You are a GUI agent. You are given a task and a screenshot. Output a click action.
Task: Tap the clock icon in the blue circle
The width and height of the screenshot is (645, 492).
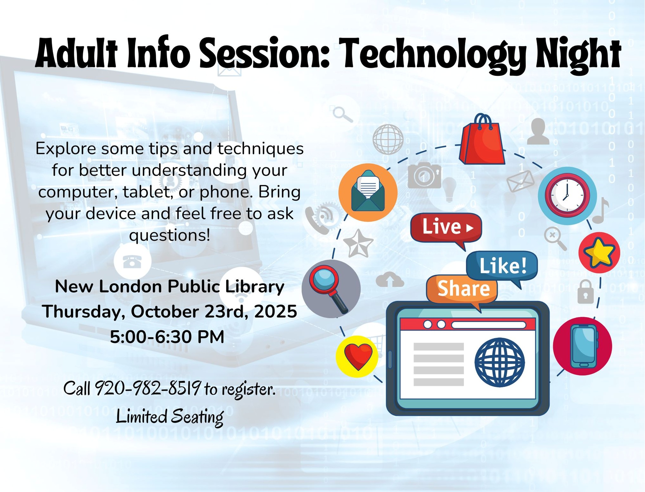(x=567, y=195)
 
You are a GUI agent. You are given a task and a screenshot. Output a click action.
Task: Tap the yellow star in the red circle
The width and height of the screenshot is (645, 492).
(x=599, y=253)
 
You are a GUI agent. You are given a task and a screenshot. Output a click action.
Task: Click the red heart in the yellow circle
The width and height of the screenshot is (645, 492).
(x=358, y=356)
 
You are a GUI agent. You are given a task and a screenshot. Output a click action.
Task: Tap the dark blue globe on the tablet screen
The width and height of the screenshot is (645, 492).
(x=500, y=362)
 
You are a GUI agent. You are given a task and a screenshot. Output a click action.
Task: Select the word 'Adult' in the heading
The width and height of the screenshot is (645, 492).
(x=76, y=53)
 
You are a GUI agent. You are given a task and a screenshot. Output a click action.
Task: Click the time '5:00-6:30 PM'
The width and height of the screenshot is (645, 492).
(x=167, y=337)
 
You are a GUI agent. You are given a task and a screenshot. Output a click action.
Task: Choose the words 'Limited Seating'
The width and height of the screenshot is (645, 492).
(x=170, y=417)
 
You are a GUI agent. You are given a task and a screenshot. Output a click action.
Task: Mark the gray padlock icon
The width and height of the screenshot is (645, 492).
(x=585, y=292)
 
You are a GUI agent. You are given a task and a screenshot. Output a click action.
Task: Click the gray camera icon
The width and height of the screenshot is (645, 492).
(x=424, y=175)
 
